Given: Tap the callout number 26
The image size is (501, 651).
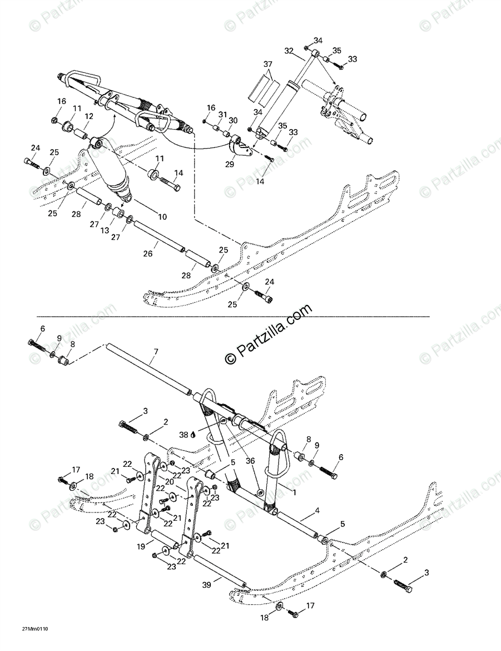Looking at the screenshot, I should tap(147, 254).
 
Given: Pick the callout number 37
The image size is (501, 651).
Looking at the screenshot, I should tap(267, 64).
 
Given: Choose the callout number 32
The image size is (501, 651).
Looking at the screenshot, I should tap(288, 51).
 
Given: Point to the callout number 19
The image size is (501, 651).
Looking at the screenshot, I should tap(142, 547).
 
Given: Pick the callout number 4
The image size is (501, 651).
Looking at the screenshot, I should tap(317, 510).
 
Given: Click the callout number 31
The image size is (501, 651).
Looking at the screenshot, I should tap(222, 114).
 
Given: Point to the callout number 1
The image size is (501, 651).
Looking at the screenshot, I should tap(294, 492).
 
